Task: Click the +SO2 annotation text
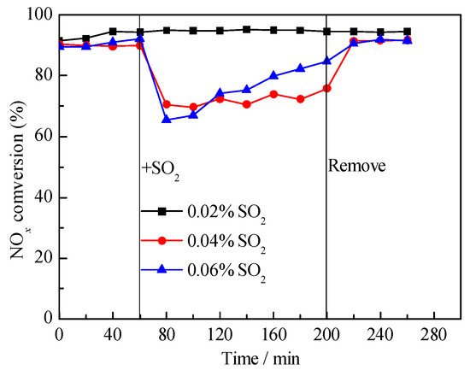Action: point(160,167)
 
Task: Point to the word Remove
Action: point(356,166)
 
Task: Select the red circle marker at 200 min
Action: point(327,88)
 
